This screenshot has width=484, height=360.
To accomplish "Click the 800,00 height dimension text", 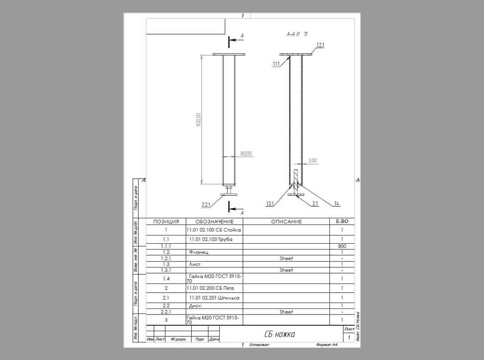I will [x=198, y=120].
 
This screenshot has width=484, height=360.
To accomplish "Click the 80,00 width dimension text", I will [x=246, y=153].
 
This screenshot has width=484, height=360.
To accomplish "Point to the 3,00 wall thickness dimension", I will [x=312, y=161].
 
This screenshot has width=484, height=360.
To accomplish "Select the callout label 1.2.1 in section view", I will [x=320, y=45].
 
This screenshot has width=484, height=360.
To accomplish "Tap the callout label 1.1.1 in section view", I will [x=276, y=64].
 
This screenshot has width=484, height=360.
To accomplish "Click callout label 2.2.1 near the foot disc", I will [x=206, y=205].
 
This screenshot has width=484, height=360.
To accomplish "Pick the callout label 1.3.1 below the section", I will [x=270, y=204].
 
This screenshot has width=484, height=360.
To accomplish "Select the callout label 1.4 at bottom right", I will [x=336, y=204].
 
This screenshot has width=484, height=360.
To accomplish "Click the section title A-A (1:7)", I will [x=297, y=34].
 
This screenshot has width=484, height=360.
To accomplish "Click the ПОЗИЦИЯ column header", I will [x=166, y=222].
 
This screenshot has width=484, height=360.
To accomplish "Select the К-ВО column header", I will [x=342, y=221].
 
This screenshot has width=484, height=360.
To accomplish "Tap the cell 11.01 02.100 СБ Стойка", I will [x=214, y=230].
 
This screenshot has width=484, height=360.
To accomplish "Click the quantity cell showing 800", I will [x=342, y=246].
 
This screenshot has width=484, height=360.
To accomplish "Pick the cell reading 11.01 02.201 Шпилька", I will [x=214, y=298].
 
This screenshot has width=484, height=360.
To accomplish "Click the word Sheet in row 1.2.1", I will [x=286, y=258].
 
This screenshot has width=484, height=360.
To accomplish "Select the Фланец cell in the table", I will [x=199, y=252].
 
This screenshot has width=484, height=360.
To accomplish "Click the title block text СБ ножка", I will [x=279, y=334].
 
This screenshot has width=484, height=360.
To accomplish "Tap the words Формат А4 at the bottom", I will [x=327, y=345].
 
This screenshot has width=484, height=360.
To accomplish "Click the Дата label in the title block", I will [x=214, y=339].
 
